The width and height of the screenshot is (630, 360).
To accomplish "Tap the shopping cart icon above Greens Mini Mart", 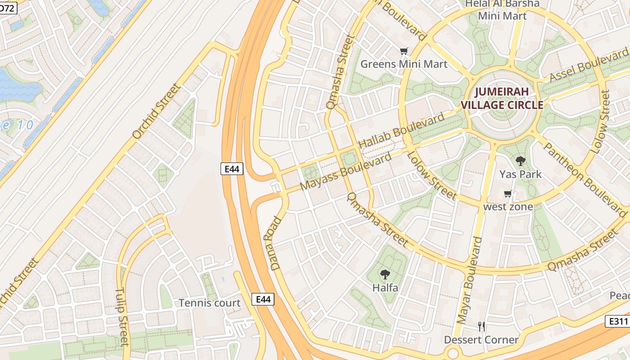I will [404, 51].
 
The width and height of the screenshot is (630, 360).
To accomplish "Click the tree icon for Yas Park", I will [520, 161].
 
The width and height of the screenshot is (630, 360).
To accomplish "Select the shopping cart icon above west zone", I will [508, 194].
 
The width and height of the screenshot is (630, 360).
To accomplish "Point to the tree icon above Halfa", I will [385, 274].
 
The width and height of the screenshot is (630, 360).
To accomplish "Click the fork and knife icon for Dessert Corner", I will [481, 327].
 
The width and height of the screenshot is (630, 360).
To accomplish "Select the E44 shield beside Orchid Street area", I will [233, 169].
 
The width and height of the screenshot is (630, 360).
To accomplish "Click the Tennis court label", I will [210, 303].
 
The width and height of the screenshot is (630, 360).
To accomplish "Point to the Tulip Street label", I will [122, 317].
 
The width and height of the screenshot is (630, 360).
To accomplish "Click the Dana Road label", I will [276, 243].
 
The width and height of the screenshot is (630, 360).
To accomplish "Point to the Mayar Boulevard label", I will [469, 280].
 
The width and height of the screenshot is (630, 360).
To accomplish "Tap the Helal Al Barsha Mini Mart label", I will [502, 10].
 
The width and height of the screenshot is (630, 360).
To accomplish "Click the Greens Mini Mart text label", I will [404, 64].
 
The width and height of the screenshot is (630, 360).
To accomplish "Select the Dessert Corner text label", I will [481, 340].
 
